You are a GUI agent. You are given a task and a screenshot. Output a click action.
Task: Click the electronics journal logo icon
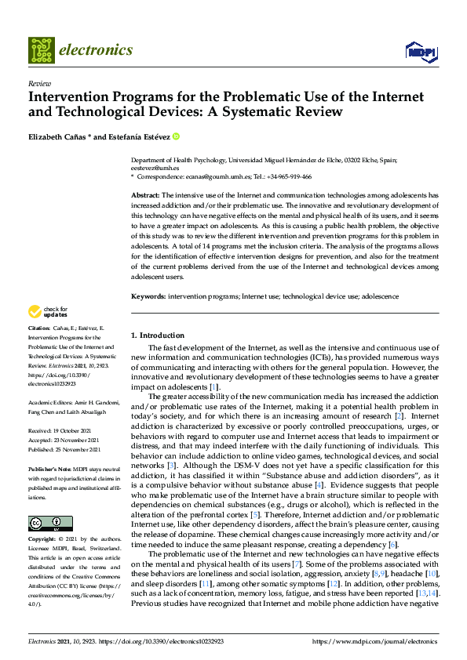42,50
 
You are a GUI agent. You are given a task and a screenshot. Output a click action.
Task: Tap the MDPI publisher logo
420,52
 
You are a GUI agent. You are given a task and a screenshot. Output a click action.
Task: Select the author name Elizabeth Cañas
61,136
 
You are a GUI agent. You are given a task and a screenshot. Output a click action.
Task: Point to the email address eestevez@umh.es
155,168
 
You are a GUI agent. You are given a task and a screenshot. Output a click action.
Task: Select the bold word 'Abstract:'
145,194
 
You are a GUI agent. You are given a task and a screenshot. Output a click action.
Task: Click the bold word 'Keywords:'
148,297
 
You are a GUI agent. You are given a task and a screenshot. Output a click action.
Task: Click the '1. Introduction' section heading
158,335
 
